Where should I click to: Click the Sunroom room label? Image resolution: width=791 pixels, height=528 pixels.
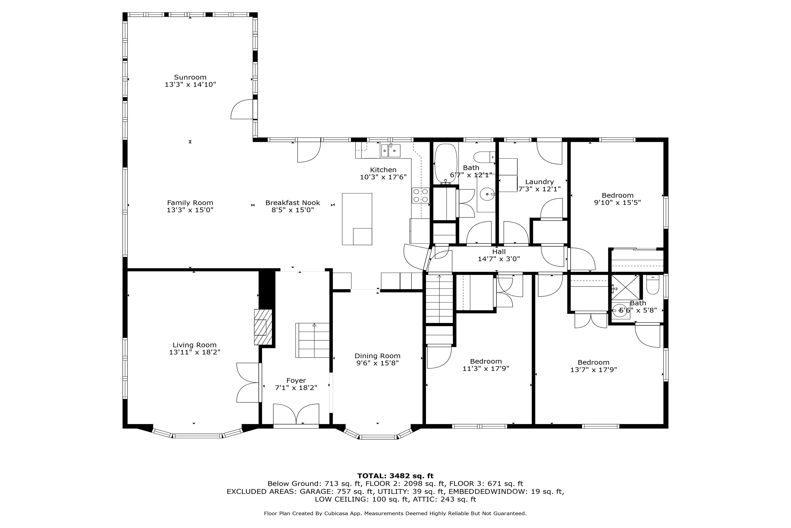[x=190, y=77]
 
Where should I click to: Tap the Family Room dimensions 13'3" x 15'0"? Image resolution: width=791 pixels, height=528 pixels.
[x=190, y=210]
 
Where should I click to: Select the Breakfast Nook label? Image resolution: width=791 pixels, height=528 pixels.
[x=293, y=203]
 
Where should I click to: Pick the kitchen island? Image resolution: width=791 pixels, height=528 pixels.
[x=357, y=219]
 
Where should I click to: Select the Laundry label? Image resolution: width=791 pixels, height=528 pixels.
[x=539, y=182]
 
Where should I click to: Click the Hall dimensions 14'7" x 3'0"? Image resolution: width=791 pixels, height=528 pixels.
[x=499, y=259]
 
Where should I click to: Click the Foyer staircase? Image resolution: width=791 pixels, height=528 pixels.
[x=312, y=340]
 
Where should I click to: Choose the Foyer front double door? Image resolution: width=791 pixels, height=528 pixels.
[x=296, y=414]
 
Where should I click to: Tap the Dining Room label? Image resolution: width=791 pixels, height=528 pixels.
[x=377, y=356]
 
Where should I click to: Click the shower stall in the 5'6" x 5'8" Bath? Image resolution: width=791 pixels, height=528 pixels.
[x=626, y=287]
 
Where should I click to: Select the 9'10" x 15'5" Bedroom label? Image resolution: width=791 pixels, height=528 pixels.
[x=617, y=195]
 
